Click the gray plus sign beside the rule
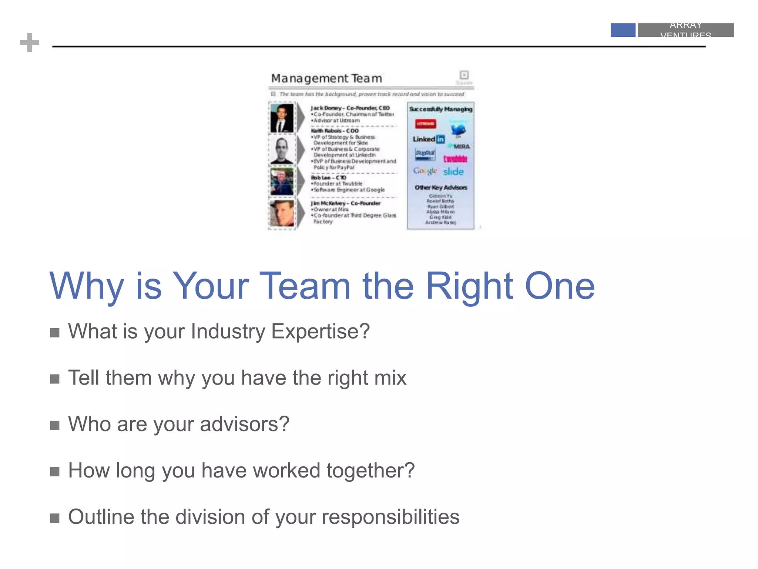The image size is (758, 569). (30, 43)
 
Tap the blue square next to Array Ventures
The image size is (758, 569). (623, 30)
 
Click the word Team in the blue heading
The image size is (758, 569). (305, 286)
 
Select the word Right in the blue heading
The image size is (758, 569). (469, 286)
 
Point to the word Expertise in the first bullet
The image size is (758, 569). (321, 332)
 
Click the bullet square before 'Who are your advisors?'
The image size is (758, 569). (55, 425)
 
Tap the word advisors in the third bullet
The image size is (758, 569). (244, 424)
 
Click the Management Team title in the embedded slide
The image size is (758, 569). (326, 79)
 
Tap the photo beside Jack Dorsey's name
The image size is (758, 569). (282, 118)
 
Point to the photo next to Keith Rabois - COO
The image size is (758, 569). (282, 150)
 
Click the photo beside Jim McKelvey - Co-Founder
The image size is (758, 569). (282, 213)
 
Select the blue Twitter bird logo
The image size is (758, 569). (458, 130)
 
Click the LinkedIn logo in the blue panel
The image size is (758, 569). (429, 139)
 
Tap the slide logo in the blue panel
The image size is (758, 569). (453, 172)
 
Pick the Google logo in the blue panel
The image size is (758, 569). (425, 171)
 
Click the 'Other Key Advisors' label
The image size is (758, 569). (441, 187)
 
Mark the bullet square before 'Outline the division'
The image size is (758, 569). (55, 518)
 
